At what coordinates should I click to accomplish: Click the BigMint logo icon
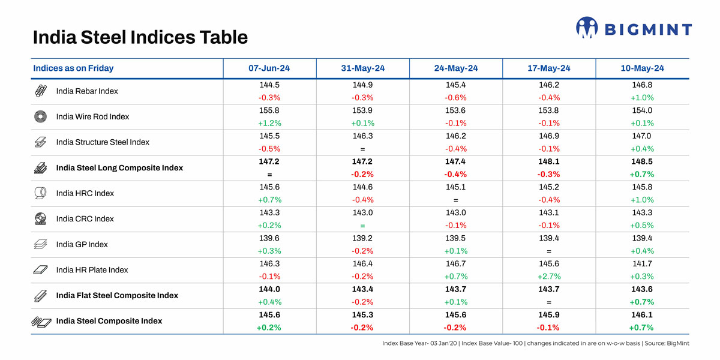click(x=587, y=28)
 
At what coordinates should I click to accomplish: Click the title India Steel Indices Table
click(x=140, y=37)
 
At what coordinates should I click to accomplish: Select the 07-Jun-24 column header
click(x=269, y=68)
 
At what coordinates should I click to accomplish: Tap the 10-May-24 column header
click(x=642, y=68)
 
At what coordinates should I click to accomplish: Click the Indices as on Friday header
click(x=73, y=68)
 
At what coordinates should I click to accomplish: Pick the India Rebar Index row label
click(x=87, y=91)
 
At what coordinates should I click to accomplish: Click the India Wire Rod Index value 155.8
click(x=269, y=110)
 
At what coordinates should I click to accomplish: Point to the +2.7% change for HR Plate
click(x=549, y=277)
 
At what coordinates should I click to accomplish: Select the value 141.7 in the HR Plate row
click(x=642, y=263)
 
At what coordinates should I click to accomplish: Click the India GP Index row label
click(x=82, y=245)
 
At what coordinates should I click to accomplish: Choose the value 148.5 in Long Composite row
click(x=642, y=161)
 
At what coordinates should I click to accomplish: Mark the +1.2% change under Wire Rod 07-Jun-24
click(x=269, y=124)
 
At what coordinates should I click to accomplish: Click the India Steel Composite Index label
click(x=109, y=321)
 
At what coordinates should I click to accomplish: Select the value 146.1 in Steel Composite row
click(x=642, y=314)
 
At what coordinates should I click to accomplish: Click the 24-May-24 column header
click(x=455, y=68)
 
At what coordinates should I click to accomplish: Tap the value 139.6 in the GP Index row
click(x=269, y=238)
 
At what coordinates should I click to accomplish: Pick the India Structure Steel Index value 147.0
click(x=642, y=136)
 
